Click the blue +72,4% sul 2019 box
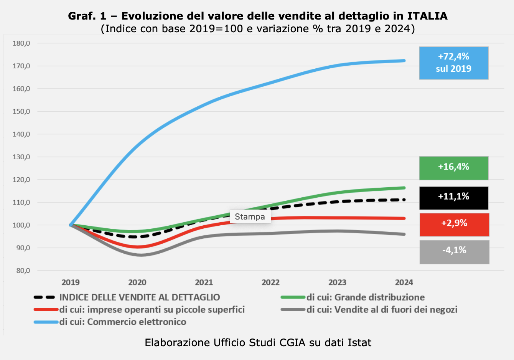pyautogui.click(x=453, y=63)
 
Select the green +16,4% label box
pyautogui.click(x=453, y=168)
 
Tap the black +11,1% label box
pyautogui.click(x=453, y=198)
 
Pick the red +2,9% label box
pyautogui.click(x=454, y=225)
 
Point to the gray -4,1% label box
pyautogui.click(x=454, y=252)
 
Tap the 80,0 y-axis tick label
pyautogui.click(x=23, y=271)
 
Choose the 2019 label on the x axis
pyautogui.click(x=71, y=282)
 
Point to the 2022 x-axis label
pyautogui.click(x=270, y=282)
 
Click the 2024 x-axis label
pyautogui.click(x=404, y=282)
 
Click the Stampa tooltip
pyautogui.click(x=250, y=216)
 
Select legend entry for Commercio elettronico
pyautogui.click(x=122, y=322)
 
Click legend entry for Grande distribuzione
pyautogui.click(x=365, y=297)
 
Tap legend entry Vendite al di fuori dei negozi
pyautogui.click(x=382, y=309)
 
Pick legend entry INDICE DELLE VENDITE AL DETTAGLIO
pyautogui.click(x=139, y=297)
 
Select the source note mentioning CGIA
pyautogui.click(x=258, y=342)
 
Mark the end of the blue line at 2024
pyautogui.click(x=404, y=61)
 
